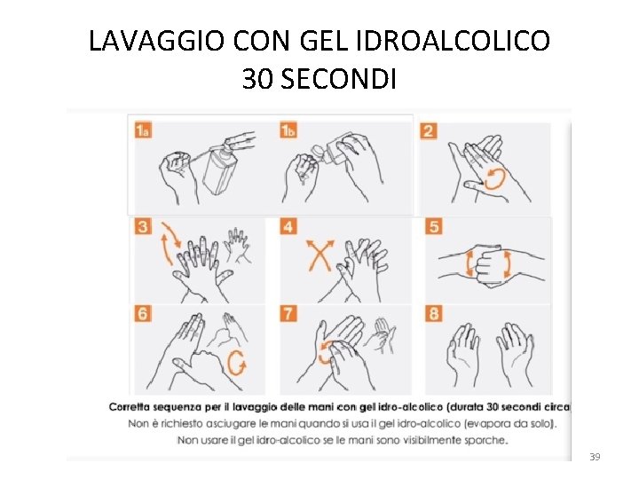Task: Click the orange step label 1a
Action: tap(143, 130)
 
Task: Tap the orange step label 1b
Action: tap(288, 130)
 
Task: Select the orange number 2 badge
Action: tap(429, 131)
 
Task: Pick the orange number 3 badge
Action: tap(143, 226)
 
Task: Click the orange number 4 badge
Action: tap(288, 226)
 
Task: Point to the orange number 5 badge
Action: tap(434, 226)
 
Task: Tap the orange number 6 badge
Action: tap(143, 314)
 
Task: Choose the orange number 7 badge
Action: tap(288, 314)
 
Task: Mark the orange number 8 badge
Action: tap(434, 314)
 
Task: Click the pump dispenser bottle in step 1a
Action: tap(220, 169)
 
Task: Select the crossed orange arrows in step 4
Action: tap(320, 255)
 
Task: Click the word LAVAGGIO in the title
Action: tap(156, 41)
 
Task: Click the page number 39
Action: tap(595, 457)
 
